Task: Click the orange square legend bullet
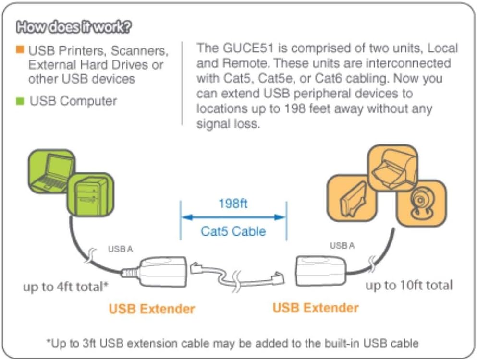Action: tap(20, 49)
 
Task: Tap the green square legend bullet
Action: tap(20, 101)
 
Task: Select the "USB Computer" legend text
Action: tap(73, 101)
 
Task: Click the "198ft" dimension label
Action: tap(233, 204)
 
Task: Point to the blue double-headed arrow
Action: tap(233, 217)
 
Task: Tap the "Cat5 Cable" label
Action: tap(233, 231)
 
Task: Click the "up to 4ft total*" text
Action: tap(66, 287)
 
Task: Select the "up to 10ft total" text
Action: tap(409, 285)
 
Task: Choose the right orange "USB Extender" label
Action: tap(316, 307)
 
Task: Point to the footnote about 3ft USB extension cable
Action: tap(232, 343)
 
